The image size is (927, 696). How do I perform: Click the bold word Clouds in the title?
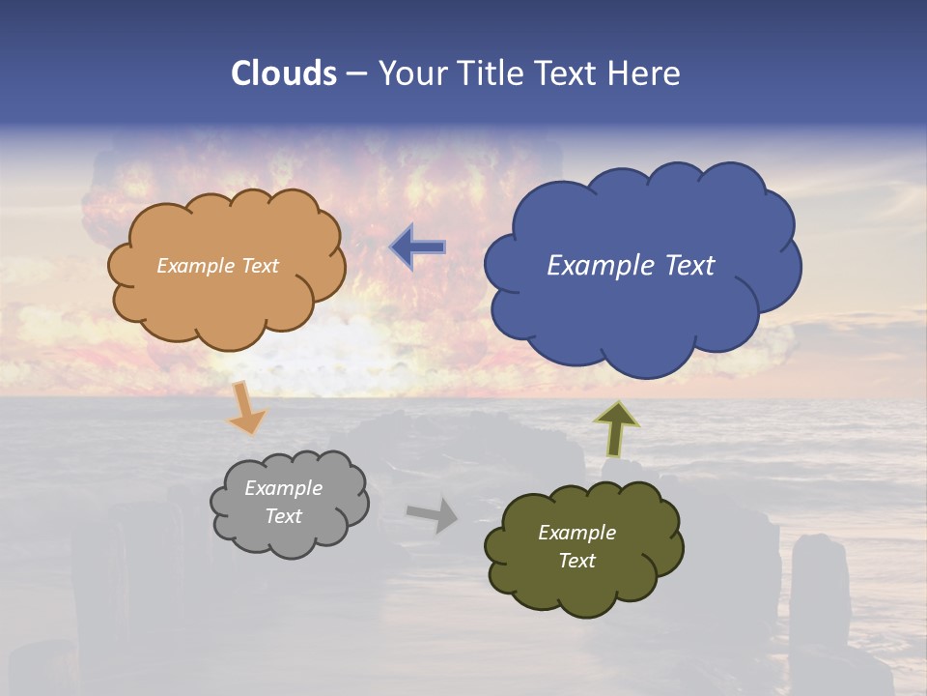284,73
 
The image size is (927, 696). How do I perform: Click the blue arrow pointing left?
418,248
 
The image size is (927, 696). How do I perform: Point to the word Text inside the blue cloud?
689,266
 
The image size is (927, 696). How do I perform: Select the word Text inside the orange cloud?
260,266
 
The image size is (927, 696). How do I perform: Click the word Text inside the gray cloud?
284,516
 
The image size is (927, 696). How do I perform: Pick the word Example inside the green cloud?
576,533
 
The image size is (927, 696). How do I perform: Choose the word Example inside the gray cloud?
283,488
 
